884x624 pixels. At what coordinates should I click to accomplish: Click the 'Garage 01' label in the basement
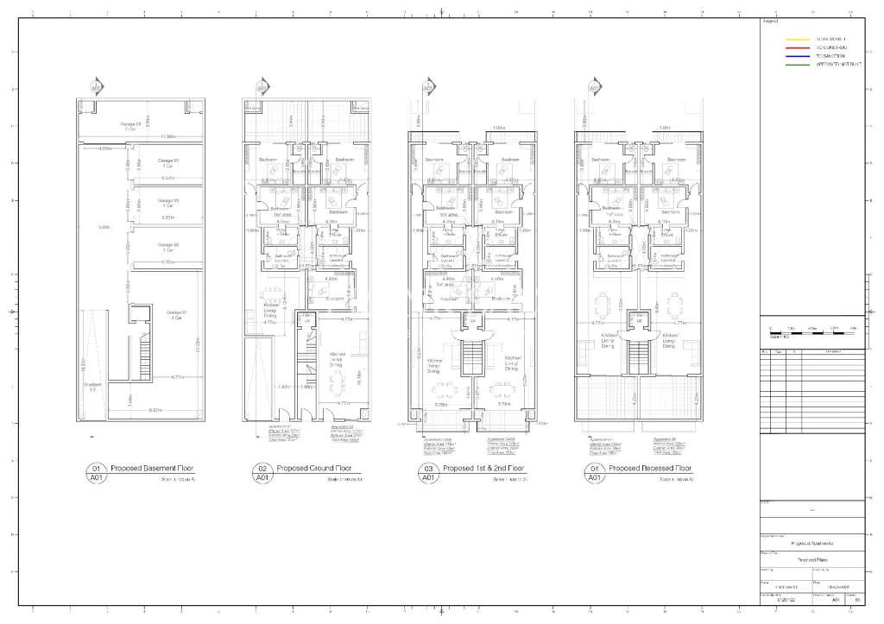tap(178, 313)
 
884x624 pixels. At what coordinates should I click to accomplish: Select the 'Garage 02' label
tap(168, 247)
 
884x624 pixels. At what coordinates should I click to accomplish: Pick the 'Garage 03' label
tap(168, 202)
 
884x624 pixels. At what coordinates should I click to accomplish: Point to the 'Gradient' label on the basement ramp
tap(92, 385)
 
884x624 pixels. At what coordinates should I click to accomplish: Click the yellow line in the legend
tap(796, 39)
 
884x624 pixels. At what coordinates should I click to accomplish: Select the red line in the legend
tap(796, 47)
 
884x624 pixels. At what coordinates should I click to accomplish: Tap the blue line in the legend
tap(796, 56)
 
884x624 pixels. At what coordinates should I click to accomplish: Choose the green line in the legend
tap(796, 65)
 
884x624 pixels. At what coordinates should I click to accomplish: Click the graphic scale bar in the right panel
tap(811, 331)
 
